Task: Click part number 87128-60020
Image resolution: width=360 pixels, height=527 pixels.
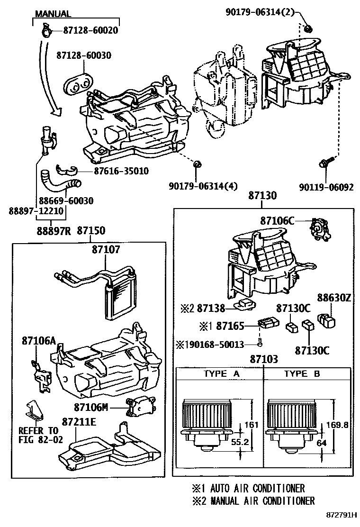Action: coord(90,31)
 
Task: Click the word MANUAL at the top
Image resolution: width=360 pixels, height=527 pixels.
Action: coord(53,14)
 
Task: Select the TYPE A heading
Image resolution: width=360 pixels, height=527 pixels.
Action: coord(221,374)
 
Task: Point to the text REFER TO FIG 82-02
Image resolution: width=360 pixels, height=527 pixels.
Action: coord(38,435)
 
